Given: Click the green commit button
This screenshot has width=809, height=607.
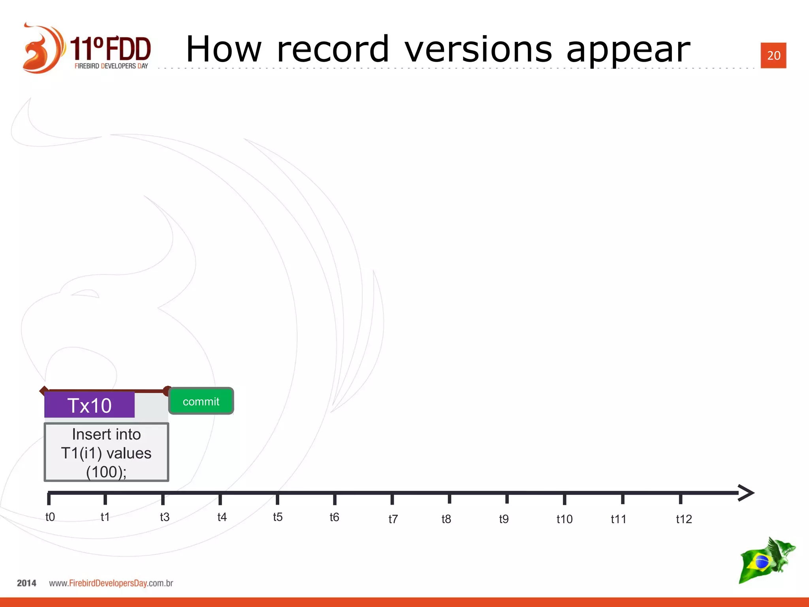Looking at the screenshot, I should point(201,401).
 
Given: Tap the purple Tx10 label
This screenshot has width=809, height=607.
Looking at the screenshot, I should point(90,405).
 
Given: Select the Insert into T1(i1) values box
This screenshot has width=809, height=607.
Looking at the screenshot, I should point(106,452).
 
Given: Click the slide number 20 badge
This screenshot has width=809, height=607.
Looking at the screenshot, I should point(773,55).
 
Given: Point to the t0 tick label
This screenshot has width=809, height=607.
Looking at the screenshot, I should point(50,517).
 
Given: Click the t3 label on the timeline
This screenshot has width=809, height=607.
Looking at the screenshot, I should point(164,517).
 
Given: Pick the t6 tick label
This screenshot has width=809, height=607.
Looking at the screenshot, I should point(334,517).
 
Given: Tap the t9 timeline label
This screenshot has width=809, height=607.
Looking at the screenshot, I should point(504,519).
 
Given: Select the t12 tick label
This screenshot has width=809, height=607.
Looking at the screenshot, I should point(684,519).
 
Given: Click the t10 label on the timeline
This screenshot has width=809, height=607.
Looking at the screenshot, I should point(564,519).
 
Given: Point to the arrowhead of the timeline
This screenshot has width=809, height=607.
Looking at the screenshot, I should point(747,493).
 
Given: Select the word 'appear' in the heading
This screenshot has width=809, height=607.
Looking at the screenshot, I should point(628,51).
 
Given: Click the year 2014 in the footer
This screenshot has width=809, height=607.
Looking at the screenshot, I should point(26,583).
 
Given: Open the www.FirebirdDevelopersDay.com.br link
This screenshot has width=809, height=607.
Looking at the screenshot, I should point(111,583).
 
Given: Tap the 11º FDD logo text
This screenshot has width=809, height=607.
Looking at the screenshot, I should point(111,49).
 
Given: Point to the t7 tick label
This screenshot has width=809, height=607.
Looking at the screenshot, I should point(393,519).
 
